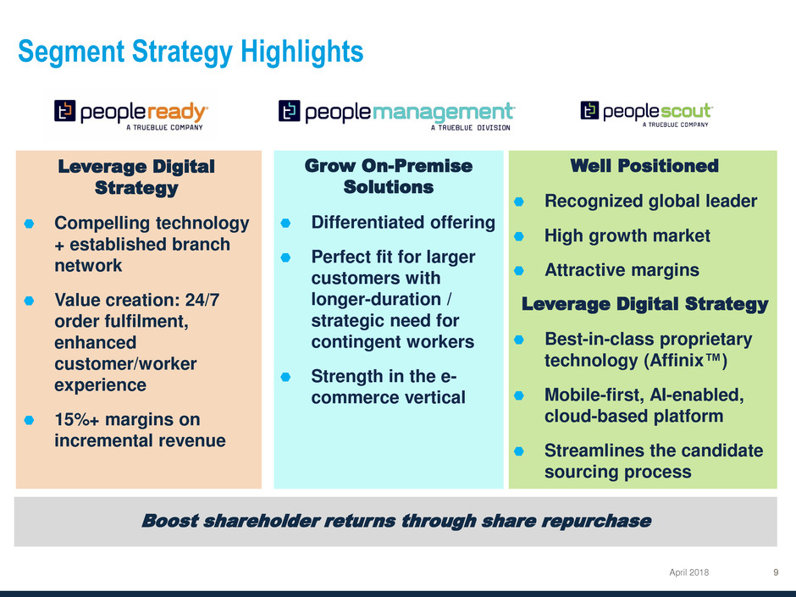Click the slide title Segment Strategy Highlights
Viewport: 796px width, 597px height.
191,53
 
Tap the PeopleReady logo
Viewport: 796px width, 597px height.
131,114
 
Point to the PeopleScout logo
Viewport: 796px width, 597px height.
646,113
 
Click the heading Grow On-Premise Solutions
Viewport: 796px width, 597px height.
389,176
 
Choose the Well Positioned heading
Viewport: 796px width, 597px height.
644,165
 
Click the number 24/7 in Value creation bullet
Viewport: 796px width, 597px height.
202,300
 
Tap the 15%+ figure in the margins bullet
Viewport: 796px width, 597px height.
77,419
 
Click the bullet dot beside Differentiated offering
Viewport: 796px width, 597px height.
286,223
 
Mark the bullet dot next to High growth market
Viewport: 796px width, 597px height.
519,236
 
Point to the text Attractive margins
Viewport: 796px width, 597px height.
622,270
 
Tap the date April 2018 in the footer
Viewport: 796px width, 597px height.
689,572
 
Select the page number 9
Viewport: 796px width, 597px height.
776,572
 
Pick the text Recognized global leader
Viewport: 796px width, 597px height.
651,201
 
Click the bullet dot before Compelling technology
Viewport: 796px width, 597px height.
29,224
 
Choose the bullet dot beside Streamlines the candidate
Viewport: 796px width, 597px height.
519,451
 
